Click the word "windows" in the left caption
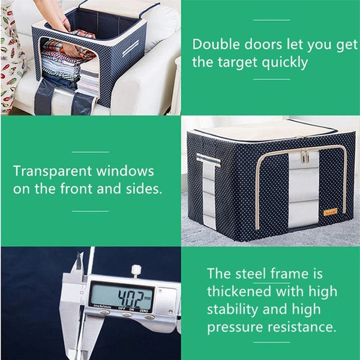click(124, 172)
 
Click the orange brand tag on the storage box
click(330, 211)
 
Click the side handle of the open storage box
click(131, 47)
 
